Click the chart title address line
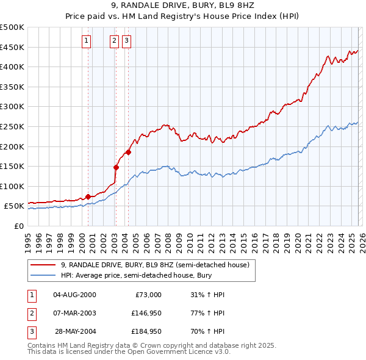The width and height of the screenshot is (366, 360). tap(183, 6)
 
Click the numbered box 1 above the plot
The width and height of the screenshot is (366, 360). tap(86, 41)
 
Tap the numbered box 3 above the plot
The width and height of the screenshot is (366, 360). tap(126, 41)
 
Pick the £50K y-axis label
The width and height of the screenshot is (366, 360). tap(15, 206)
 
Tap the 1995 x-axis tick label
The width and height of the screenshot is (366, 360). tap(28, 239)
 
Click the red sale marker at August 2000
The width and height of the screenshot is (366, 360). tap(88, 196)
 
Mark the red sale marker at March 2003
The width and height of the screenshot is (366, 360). tap(116, 167)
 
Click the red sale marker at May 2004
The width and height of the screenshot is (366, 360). tap(129, 152)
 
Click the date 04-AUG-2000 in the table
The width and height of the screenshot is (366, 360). tap(74, 295)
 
